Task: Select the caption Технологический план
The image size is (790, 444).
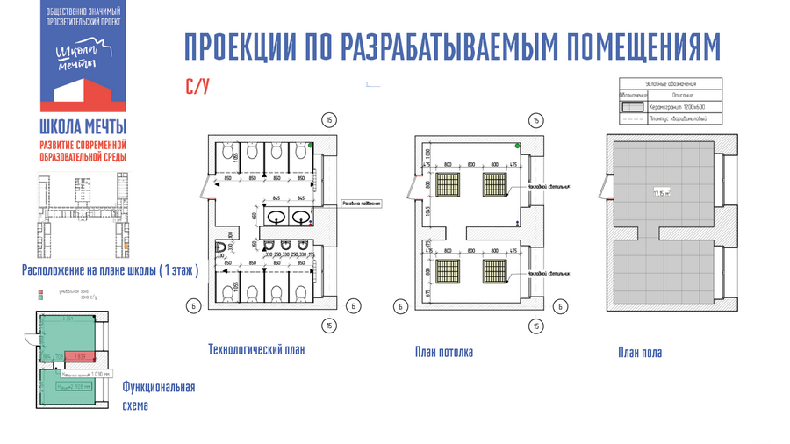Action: click(256, 349)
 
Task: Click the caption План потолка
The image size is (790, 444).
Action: click(444, 352)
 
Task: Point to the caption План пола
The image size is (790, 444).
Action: click(639, 353)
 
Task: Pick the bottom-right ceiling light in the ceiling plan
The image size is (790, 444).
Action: click(494, 269)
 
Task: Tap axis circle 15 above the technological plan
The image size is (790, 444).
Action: click(327, 120)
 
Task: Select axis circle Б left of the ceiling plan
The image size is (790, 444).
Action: click(399, 306)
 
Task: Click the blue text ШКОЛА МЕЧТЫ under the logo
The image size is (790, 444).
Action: click(83, 125)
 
